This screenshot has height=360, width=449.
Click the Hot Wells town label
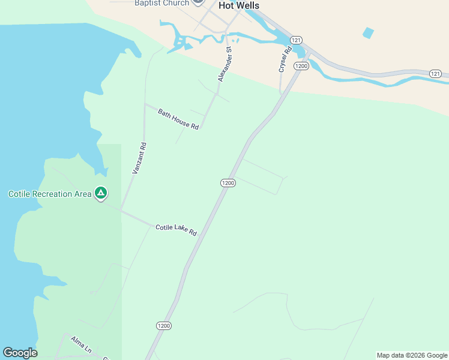click(239, 5)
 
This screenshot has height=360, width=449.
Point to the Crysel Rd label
click(285, 59)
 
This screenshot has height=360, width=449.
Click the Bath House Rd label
click(178, 119)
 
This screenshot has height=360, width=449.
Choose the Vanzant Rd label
click(139, 158)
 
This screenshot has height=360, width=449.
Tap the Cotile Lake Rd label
click(176, 229)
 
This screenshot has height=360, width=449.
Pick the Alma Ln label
click(81, 344)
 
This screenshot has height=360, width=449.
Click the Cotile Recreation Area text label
click(50, 194)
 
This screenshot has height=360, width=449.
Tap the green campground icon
click(101, 193)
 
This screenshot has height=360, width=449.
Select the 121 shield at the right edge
click(436, 73)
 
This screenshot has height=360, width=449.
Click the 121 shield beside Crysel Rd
click(295, 40)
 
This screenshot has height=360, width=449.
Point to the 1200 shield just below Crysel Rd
click(301, 65)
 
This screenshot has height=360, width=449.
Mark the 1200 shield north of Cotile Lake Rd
click(228, 182)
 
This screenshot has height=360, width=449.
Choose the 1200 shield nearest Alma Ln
click(163, 325)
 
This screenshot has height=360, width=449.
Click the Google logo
click(20, 353)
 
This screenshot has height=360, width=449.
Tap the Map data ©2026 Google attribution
click(412, 355)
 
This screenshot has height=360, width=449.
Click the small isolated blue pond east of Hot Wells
click(368, 33)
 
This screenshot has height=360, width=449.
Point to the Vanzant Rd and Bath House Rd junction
click(145, 104)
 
